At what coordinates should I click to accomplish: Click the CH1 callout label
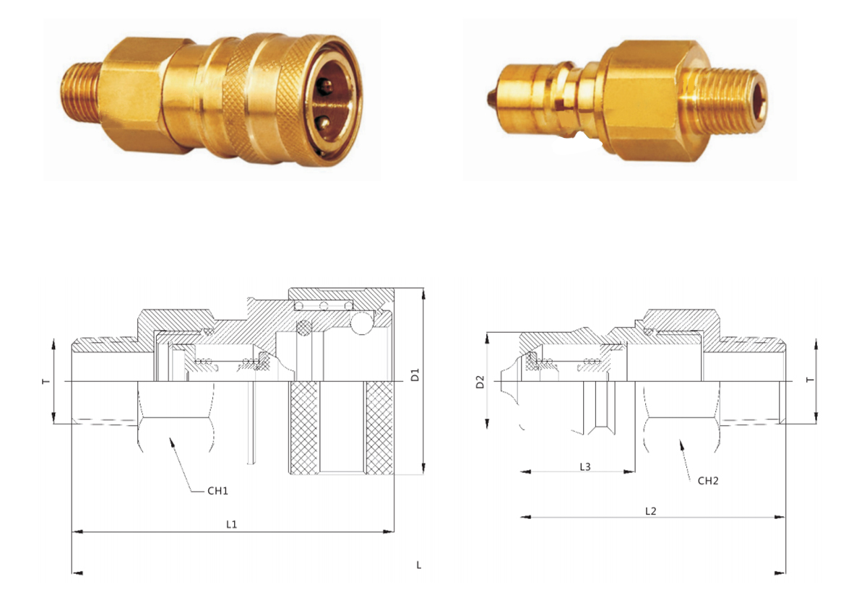click(x=217, y=491)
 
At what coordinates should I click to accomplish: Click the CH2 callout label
click(x=708, y=481)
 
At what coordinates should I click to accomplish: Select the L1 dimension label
click(x=231, y=524)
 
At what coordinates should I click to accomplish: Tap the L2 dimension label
click(x=651, y=511)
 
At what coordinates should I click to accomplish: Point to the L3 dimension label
click(x=585, y=467)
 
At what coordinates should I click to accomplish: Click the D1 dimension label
click(x=415, y=375)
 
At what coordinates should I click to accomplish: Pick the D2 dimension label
click(x=480, y=382)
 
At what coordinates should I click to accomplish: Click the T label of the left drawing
click(x=46, y=382)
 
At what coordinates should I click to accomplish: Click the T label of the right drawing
click(x=810, y=380)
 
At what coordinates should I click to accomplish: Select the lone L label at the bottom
click(x=418, y=565)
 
